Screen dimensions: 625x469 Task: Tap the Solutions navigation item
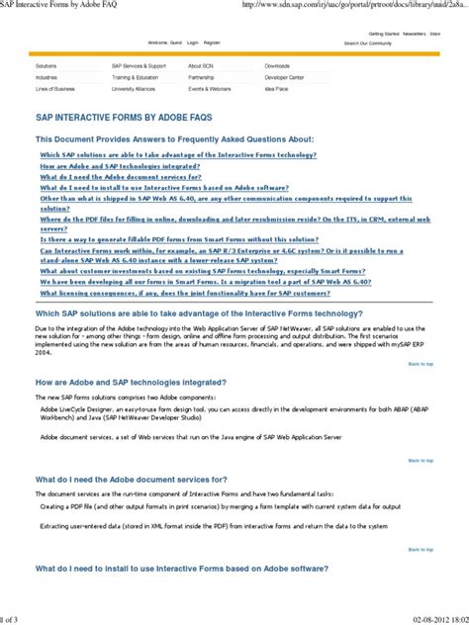pos(47,65)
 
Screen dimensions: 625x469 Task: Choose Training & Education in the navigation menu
pos(135,76)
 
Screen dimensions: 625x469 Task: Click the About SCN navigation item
pos(201,65)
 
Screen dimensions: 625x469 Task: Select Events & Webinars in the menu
pos(210,88)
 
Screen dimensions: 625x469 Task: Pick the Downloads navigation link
pos(278,65)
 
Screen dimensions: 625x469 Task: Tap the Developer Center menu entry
pos(284,76)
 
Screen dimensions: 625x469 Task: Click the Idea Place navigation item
pos(276,88)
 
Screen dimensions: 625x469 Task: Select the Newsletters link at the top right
pos(414,33)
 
